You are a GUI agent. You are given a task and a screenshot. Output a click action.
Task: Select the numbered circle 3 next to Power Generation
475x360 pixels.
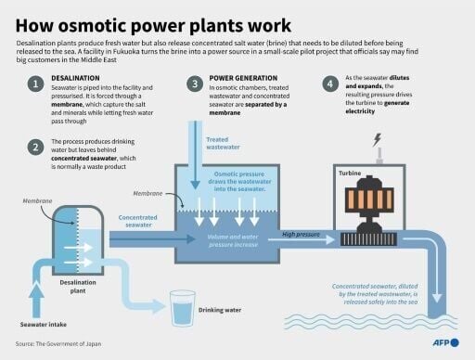point(195,85)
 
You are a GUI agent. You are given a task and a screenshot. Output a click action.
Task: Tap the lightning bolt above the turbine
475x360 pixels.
point(377,141)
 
